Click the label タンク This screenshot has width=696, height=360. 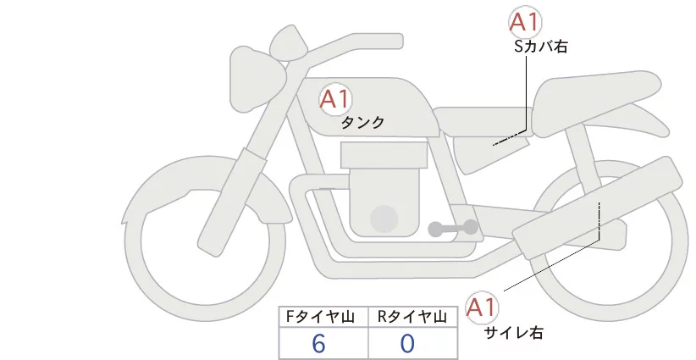(x=362, y=122)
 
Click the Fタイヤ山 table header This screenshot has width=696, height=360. (x=323, y=316)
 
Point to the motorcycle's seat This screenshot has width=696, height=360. (x=593, y=97)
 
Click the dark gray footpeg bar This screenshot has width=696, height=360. (x=452, y=228)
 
